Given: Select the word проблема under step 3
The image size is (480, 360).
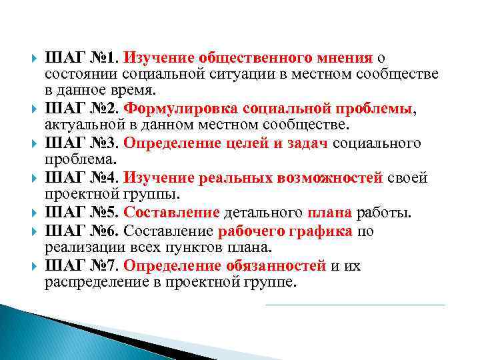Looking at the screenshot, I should click(x=80, y=160).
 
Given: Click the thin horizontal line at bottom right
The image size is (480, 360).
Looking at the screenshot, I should click(x=355, y=305).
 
